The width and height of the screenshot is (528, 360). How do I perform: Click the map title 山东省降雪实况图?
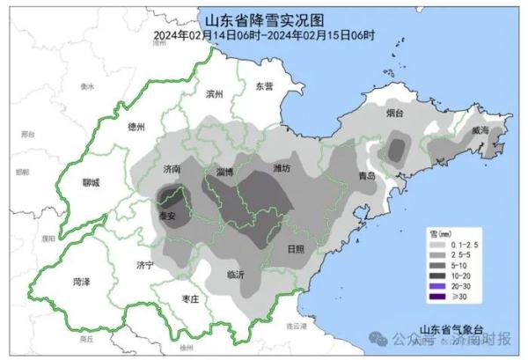[x=264, y=19]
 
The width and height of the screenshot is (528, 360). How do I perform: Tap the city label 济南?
[x=172, y=168]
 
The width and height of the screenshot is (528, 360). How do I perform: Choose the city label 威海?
[x=480, y=129]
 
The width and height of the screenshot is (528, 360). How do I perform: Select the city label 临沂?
[x=236, y=274]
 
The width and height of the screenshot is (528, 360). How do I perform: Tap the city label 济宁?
[x=145, y=264]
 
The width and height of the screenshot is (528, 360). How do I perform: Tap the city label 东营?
[x=264, y=86]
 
